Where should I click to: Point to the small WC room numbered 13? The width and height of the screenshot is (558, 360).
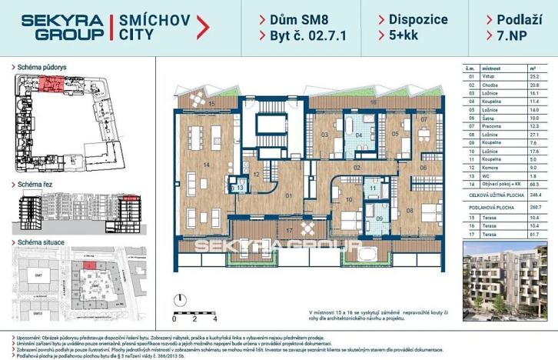pos(240,187)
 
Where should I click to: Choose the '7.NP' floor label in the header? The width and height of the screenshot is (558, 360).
pos(503,35)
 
